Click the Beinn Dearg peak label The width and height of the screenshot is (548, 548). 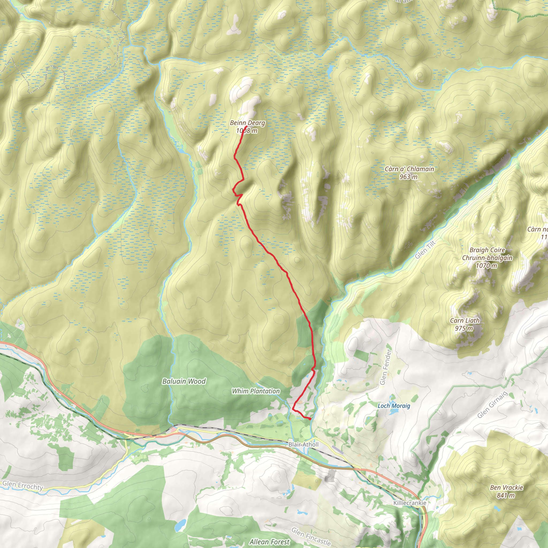(x=247, y=123)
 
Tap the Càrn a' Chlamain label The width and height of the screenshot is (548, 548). (x=409, y=169)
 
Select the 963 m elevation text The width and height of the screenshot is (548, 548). (x=408, y=177)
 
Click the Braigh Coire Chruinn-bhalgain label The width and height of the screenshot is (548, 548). (x=487, y=254)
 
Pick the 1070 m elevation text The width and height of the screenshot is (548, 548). (x=486, y=266)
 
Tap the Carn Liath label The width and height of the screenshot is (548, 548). (x=465, y=321)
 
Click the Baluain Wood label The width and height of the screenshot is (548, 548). (x=184, y=382)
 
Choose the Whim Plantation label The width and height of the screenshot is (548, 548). (x=256, y=391)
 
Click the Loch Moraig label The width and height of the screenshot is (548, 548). (x=394, y=406)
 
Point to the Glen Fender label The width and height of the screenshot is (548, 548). (x=386, y=367)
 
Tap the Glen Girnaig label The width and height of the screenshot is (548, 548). (x=492, y=405)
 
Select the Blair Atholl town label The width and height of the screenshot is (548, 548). (x=303, y=444)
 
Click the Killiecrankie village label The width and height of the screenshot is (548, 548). (x=410, y=503)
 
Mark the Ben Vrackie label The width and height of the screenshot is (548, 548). (x=507, y=488)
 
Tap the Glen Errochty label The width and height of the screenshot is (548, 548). (x=23, y=485)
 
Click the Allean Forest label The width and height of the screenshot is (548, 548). (x=269, y=542)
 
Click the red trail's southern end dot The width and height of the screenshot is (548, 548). (x=310, y=419)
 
